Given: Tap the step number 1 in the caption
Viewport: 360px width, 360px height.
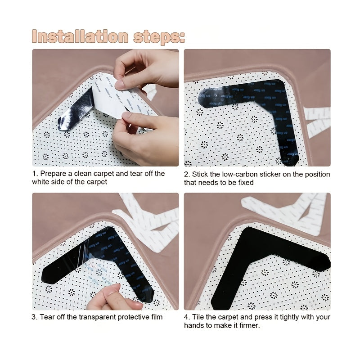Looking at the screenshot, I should click(x=34, y=174).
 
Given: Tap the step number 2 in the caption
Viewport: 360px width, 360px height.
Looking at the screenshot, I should click(x=186, y=174).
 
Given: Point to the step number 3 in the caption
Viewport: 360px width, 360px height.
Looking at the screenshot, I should click(x=34, y=317).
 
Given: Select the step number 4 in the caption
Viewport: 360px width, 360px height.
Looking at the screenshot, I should click(x=186, y=317).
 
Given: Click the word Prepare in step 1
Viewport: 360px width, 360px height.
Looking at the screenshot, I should click(x=53, y=174).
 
